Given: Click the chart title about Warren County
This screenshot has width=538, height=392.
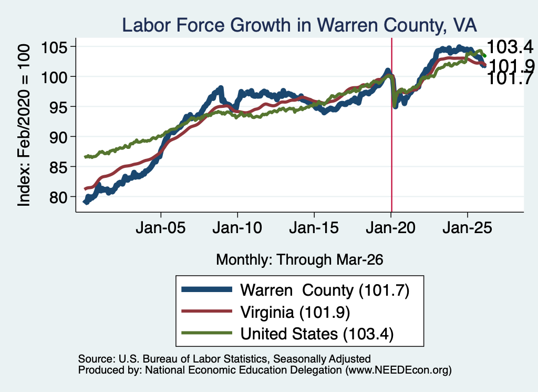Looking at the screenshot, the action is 299,25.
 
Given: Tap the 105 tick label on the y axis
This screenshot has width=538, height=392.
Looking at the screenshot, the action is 55,47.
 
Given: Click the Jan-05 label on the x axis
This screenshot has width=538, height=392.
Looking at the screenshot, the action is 161,228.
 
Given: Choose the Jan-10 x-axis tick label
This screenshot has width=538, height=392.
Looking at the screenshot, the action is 237,228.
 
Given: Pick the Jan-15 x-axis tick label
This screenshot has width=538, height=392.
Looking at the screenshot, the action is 314,228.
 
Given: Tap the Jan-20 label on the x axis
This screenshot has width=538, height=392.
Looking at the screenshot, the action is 390,228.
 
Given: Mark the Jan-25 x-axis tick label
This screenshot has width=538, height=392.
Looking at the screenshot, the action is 467,228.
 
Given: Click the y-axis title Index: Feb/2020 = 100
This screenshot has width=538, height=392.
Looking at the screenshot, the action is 24,125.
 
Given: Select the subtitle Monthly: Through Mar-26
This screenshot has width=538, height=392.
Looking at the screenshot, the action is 299,260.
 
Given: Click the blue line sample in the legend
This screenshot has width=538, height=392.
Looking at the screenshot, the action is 207,289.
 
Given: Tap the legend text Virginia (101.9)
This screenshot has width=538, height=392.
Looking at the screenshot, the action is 295,313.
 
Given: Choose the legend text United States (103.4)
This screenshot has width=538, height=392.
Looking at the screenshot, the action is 317,334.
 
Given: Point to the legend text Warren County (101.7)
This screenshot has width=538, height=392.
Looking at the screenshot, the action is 325,290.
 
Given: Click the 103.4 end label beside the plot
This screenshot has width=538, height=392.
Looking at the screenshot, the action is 510,47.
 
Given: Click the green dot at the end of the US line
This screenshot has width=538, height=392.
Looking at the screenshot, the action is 484,56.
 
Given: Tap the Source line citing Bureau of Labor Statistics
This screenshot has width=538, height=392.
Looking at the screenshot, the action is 224,359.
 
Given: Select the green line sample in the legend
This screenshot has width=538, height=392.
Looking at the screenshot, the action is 207,333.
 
